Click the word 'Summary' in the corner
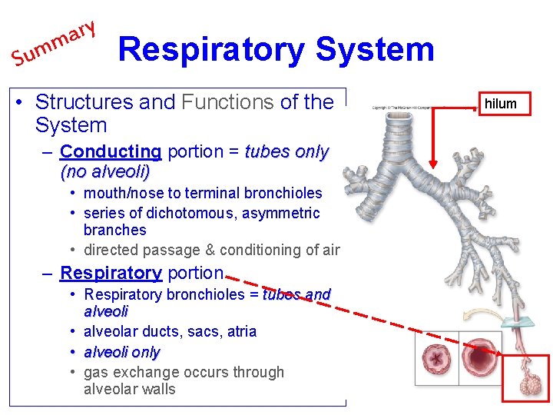[52, 44]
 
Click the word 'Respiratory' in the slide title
[211, 49]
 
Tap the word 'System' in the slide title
[375, 49]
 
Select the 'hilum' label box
[501, 104]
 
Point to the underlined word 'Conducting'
[111, 151]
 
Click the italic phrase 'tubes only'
[286, 151]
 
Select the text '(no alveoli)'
[104, 171]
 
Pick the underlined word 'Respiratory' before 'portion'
[111, 273]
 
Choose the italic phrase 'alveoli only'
[121, 352]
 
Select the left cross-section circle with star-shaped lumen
[437, 358]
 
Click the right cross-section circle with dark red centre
[480, 356]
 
